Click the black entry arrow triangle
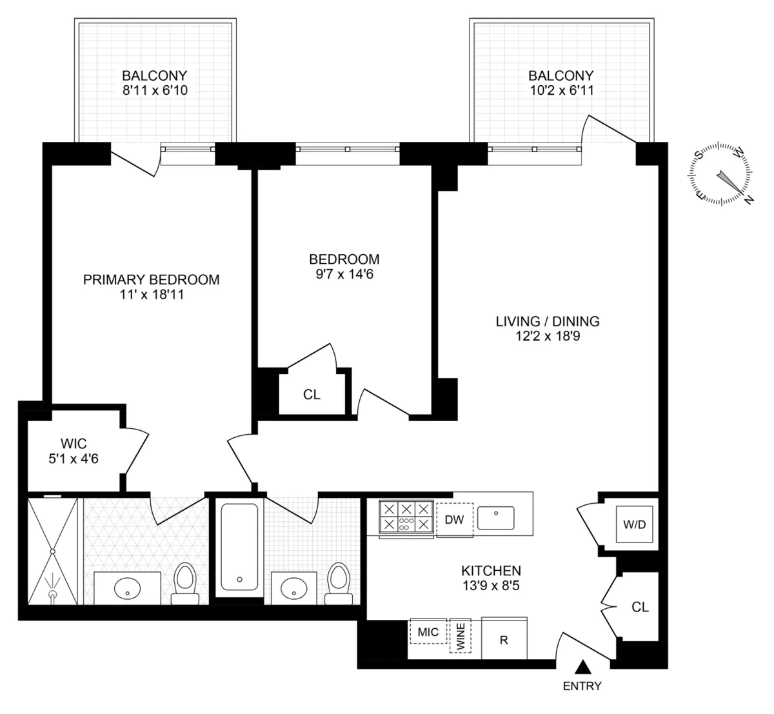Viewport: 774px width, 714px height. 583,667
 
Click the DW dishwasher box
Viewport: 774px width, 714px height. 455,519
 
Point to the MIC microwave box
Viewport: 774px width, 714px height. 428,632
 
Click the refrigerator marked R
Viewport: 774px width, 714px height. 504,640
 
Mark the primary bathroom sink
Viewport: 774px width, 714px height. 127,588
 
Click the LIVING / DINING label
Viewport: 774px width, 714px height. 548,321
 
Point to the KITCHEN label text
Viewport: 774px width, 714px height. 491,571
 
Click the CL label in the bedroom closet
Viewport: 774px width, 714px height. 312,395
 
